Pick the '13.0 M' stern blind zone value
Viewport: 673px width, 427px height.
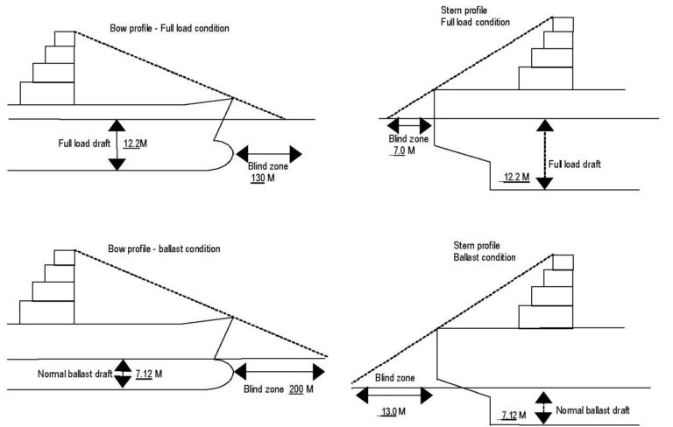(392, 412)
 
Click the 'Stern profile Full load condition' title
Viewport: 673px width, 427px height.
(476, 17)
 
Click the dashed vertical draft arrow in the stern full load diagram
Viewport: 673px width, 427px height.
(544, 154)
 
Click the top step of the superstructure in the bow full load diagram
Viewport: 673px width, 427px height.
(65, 39)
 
